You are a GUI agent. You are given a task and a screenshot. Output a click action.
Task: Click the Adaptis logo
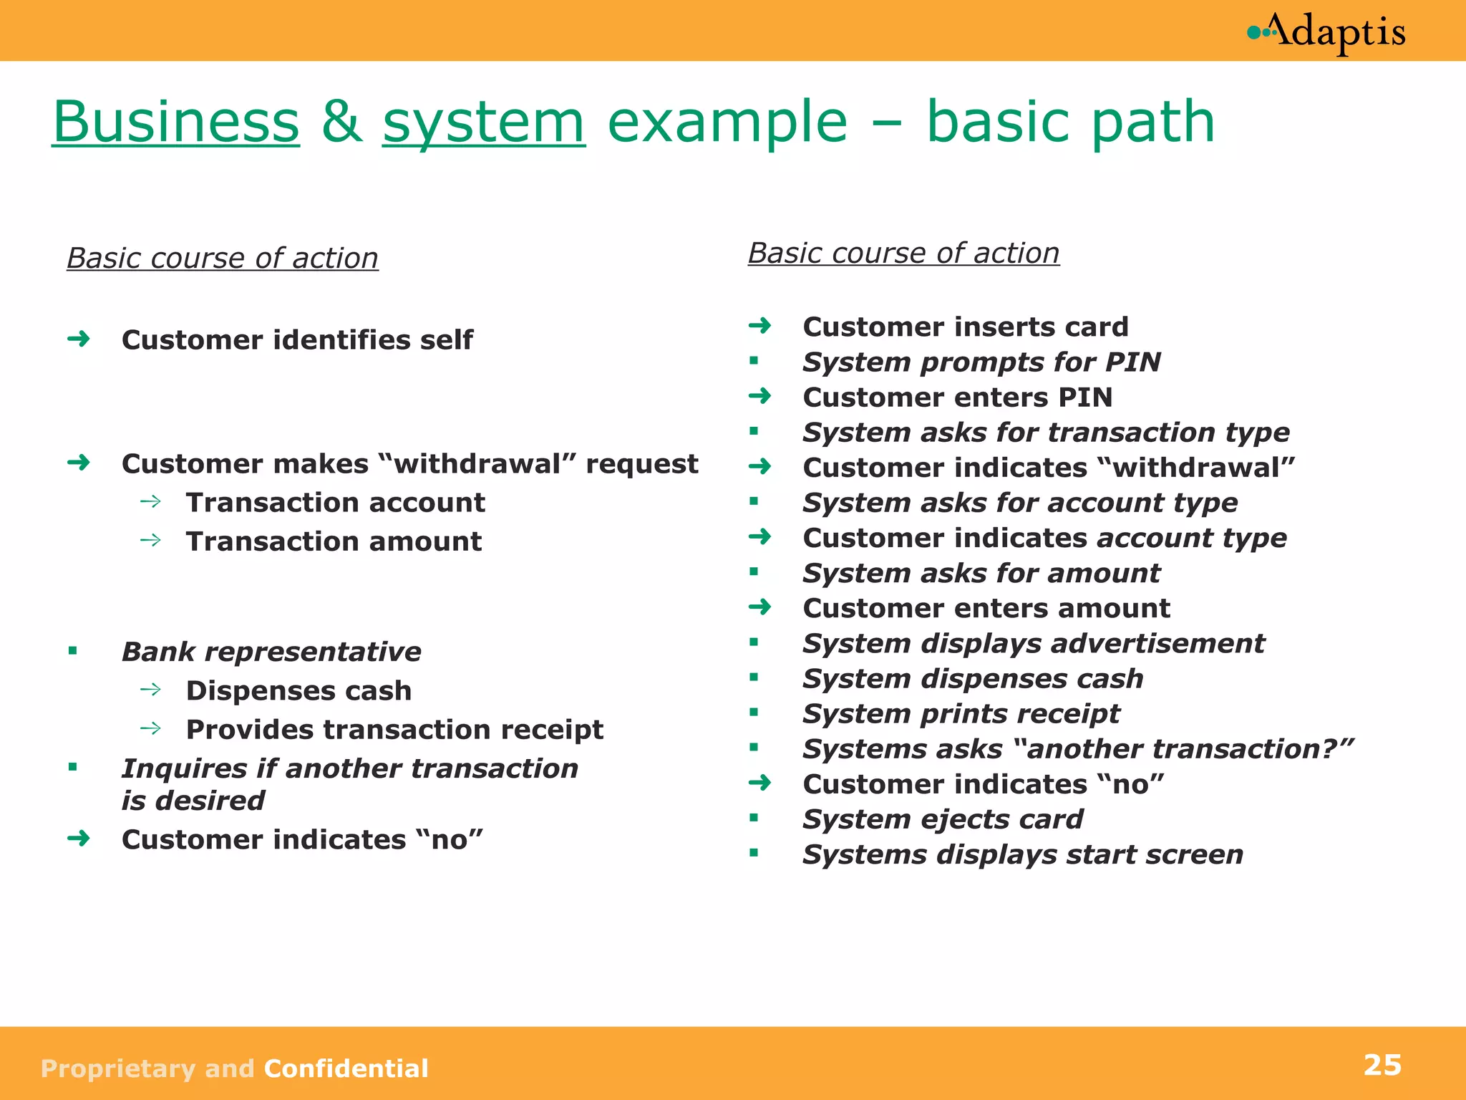(1326, 33)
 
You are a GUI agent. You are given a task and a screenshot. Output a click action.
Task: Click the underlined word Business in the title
(176, 122)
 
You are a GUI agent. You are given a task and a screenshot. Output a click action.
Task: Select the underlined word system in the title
(484, 122)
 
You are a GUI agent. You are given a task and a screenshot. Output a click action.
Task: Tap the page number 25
(1382, 1066)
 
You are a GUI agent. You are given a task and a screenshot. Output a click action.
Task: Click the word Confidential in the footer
(346, 1068)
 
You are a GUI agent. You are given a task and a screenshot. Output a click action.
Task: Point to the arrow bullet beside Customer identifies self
(79, 338)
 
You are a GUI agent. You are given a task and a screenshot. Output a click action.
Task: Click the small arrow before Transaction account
(151, 501)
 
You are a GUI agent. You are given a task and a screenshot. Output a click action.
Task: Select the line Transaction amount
(334, 541)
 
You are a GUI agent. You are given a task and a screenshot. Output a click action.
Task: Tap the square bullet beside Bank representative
(73, 651)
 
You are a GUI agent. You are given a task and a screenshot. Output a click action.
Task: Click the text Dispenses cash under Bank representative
(298, 690)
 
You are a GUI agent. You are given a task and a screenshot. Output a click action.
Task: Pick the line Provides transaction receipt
(394, 730)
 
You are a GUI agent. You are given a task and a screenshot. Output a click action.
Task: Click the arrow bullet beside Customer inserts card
(760, 326)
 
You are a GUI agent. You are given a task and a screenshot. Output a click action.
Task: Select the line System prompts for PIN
(981, 362)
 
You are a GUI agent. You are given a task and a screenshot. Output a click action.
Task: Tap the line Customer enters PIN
(958, 397)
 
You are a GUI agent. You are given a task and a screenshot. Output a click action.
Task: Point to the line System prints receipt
(961, 714)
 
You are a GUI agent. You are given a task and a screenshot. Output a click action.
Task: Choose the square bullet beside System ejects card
(754, 818)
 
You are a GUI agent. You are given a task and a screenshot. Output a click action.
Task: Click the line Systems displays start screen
(1023, 854)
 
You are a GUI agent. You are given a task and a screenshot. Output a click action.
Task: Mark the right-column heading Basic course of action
(903, 254)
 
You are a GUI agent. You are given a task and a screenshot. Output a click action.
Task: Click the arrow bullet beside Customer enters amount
(760, 607)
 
